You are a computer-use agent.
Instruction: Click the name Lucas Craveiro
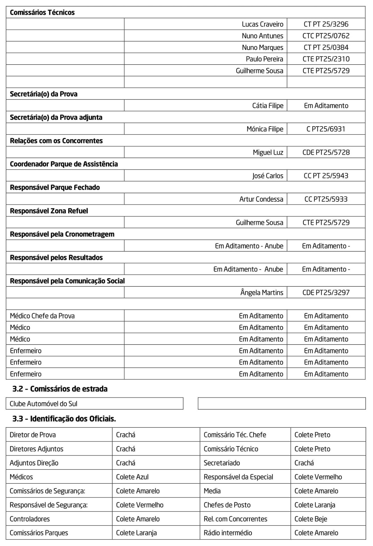263,24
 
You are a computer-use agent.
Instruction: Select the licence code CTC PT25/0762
326,36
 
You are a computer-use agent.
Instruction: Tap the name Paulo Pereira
265,59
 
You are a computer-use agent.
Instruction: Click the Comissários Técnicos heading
42,13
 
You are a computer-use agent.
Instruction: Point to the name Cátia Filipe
268,106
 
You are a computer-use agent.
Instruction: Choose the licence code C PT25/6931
326,129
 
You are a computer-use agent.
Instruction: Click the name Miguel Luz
268,152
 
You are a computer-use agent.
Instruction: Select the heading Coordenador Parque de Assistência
64,164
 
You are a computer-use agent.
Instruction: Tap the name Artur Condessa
261,199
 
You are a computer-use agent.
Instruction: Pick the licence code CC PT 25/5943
326,176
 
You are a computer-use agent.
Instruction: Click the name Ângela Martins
262,292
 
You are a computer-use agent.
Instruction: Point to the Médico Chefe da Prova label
42,316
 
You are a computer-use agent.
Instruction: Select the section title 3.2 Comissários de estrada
60,389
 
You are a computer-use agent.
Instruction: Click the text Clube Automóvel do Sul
44,404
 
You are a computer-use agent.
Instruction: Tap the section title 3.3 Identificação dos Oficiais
64,419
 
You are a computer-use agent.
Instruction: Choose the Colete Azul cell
132,477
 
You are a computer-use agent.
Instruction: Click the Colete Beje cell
311,519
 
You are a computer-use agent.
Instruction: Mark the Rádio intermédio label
228,533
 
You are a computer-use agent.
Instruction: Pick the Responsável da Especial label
238,477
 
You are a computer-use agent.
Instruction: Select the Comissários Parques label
39,533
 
